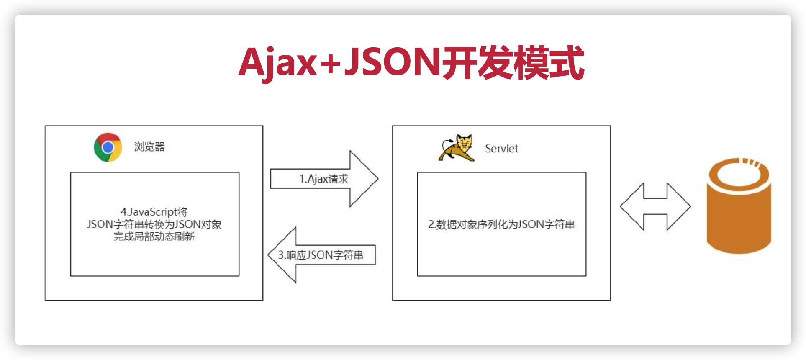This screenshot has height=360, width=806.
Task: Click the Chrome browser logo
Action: tap(108, 147)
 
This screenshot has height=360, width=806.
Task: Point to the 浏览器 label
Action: tap(149, 147)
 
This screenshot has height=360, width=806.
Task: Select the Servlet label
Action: tap(501, 149)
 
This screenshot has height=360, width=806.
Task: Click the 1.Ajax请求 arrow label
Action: tap(324, 179)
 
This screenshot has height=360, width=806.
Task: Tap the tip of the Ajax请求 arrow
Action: tap(378, 179)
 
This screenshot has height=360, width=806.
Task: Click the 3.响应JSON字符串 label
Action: tap(321, 255)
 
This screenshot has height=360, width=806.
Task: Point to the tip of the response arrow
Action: tap(268, 255)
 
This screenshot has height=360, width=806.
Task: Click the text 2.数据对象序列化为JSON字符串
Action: tap(501, 224)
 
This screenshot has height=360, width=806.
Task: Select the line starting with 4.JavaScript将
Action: tap(154, 212)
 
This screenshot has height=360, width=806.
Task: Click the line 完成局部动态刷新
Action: tap(154, 237)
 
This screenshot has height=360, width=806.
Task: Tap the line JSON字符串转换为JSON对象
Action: tap(154, 224)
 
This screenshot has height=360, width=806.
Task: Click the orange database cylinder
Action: tap(739, 206)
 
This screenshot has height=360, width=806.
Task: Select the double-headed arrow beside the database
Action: tap(655, 206)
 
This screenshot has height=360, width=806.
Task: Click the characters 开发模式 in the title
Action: tap(513, 62)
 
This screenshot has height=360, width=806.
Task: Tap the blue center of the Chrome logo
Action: tap(108, 147)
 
